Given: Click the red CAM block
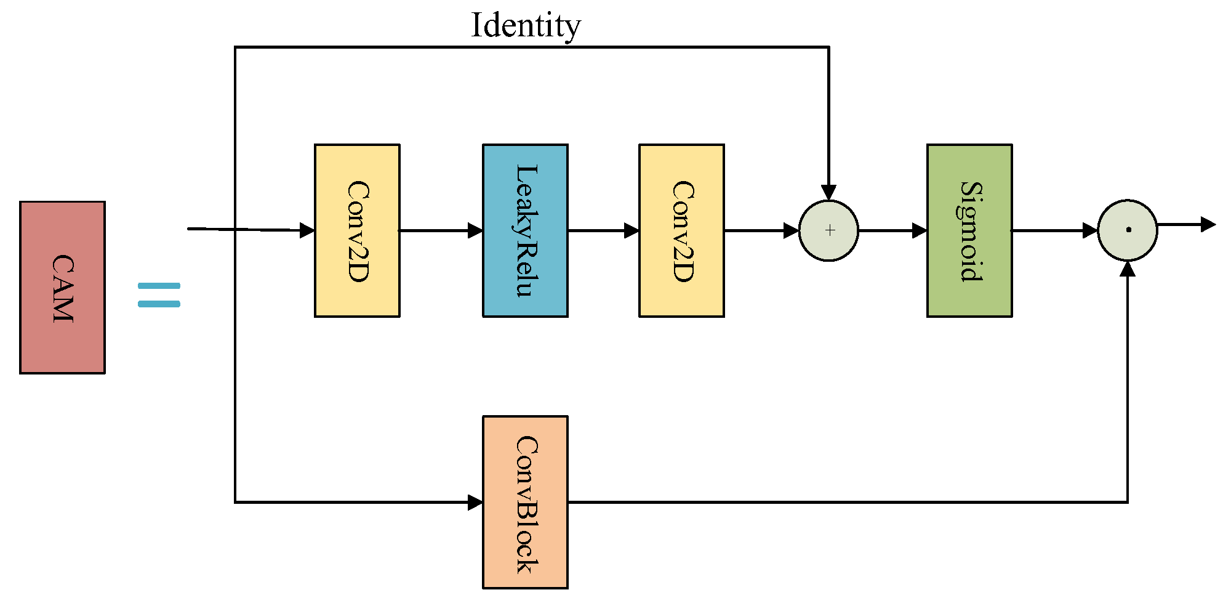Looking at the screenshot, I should (62, 287).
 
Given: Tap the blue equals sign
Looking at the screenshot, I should (159, 295).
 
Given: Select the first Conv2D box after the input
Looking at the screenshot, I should (357, 230).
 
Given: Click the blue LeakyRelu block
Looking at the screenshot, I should (525, 230).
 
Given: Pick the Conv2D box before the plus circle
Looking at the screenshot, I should (681, 230).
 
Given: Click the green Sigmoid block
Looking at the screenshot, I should (969, 230).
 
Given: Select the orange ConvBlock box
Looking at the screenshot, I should (525, 502).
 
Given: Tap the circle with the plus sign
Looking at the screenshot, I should (828, 230).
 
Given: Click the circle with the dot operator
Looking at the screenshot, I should (1128, 230).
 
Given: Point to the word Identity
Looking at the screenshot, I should (526, 26).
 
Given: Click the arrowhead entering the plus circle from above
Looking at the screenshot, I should (828, 192).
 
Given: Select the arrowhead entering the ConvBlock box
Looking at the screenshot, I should (475, 502).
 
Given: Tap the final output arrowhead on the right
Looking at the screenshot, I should (1208, 224).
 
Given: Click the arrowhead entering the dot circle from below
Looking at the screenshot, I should (1128, 269).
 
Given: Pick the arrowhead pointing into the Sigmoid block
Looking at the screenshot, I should (920, 230).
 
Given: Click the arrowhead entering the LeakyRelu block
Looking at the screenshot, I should (475, 230).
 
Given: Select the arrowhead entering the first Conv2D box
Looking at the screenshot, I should (307, 230).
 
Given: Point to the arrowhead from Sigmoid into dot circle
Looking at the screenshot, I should (1090, 230).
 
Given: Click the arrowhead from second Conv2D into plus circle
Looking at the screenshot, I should (791, 230).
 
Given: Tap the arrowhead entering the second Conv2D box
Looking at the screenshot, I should (632, 230).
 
